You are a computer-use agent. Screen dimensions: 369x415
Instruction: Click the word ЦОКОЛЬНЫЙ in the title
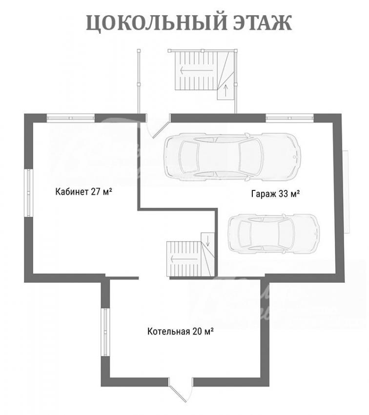tap(157, 23)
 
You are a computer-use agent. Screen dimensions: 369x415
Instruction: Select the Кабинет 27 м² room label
tap(83, 191)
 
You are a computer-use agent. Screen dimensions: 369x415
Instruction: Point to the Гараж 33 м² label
tap(275, 194)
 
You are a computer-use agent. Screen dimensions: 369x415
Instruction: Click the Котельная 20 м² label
tap(181, 331)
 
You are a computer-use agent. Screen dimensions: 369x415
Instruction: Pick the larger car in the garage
tap(232, 157)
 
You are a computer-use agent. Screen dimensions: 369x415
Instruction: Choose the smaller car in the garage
tap(274, 234)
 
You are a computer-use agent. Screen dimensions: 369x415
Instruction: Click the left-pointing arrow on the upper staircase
tap(197, 70)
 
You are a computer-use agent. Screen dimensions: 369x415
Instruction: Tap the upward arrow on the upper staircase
tap(225, 90)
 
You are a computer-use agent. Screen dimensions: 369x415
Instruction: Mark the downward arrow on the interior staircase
tap(207, 240)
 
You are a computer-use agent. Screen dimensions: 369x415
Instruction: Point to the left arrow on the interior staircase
tap(184, 259)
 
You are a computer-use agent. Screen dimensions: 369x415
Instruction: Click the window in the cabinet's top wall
tap(71, 118)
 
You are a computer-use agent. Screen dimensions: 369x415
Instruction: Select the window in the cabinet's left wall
tap(29, 193)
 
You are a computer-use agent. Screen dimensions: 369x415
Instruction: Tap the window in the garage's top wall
tap(289, 118)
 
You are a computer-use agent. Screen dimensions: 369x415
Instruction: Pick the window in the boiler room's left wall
tap(105, 332)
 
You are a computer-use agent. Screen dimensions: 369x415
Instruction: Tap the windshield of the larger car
tap(250, 157)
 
